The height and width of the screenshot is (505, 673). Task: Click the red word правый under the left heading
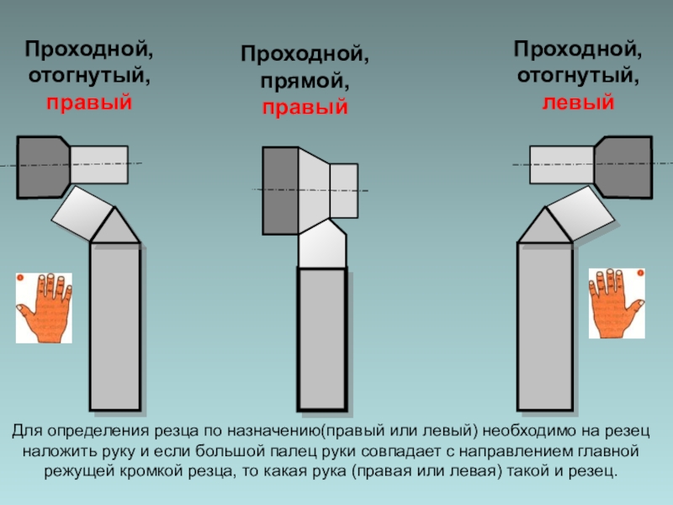(x=89, y=103)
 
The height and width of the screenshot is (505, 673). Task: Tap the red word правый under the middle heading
(x=305, y=108)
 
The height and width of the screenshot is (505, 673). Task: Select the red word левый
(x=578, y=103)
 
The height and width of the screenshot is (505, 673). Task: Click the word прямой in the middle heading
(x=305, y=80)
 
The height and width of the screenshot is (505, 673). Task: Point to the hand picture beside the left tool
(x=44, y=308)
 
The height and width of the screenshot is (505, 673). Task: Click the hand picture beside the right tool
(x=617, y=303)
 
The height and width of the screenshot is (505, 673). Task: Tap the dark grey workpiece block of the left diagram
(x=43, y=167)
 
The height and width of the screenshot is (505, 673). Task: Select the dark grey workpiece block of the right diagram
(x=623, y=167)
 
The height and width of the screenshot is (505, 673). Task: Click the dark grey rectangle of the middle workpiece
(x=280, y=191)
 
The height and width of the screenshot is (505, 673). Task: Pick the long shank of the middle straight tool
(x=322, y=339)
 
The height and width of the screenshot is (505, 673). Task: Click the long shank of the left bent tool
(x=115, y=327)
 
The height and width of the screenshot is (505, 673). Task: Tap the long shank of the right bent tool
(x=545, y=327)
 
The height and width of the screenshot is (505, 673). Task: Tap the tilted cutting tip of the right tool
(x=580, y=214)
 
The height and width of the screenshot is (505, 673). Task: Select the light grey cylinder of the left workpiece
(x=99, y=165)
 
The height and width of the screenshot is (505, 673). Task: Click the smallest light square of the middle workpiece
(x=344, y=191)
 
